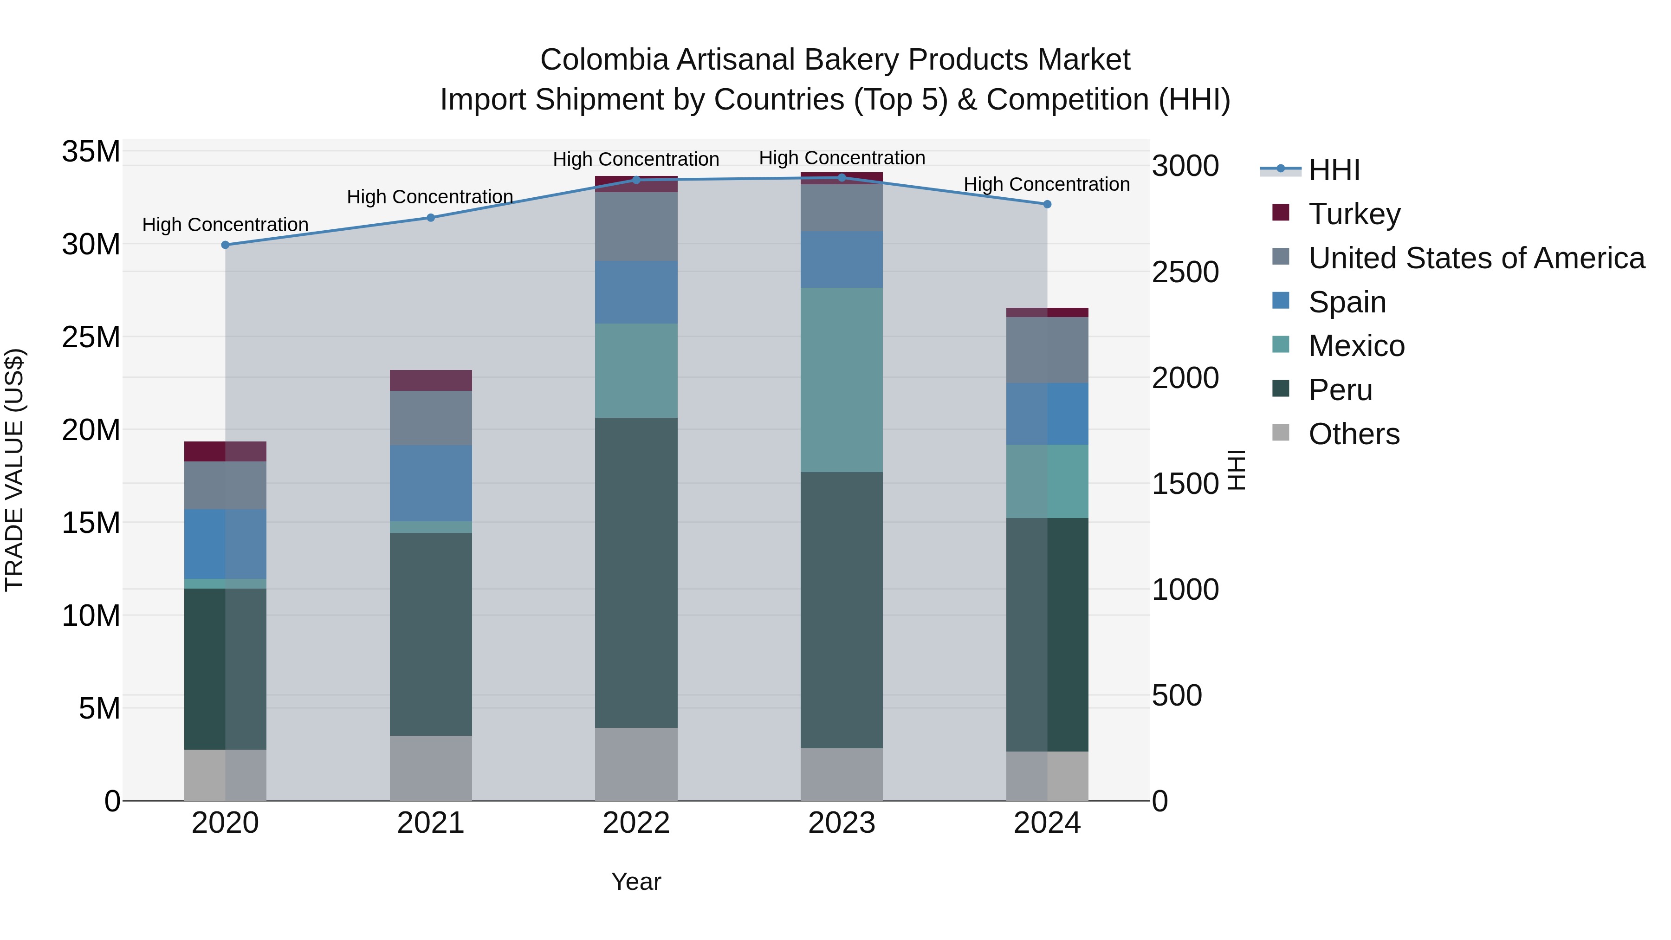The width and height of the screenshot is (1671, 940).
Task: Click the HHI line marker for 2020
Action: click(x=225, y=245)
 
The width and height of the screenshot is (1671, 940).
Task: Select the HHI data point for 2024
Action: click(x=1047, y=204)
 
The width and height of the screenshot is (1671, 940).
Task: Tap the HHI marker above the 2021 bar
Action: click(x=431, y=217)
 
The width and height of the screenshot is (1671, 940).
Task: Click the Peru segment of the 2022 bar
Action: click(x=636, y=572)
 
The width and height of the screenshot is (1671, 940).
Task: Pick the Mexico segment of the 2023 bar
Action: click(x=842, y=380)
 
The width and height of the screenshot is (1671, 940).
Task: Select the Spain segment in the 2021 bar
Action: click(x=431, y=483)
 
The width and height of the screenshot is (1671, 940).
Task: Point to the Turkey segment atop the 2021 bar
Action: click(x=431, y=380)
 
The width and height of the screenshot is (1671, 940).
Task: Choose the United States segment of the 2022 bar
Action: click(x=636, y=227)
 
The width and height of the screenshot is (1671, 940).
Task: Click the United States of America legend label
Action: click(x=1477, y=258)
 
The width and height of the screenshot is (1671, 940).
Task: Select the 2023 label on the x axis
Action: click(x=842, y=823)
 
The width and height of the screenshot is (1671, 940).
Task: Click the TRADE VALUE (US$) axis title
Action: click(x=14, y=470)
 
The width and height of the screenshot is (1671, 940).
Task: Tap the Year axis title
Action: click(x=636, y=882)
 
